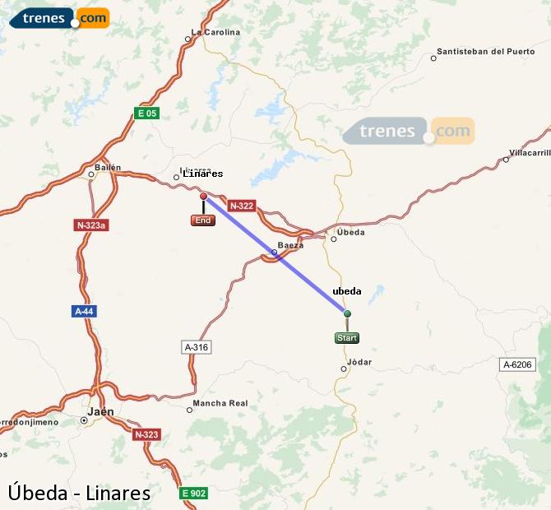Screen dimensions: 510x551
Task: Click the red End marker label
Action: coord(203,220)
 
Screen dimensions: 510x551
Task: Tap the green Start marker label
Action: coord(347,338)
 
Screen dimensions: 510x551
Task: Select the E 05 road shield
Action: coord(146,114)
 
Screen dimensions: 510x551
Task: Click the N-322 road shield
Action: coord(241,206)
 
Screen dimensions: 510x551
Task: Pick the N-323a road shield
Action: coord(90,225)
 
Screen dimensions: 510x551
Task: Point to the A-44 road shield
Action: coord(84,312)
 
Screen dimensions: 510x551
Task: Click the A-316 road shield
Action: coord(197,347)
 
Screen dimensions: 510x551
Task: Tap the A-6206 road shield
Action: coord(518,364)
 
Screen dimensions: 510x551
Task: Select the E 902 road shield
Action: coord(194,493)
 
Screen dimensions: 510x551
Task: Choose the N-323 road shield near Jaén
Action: coord(146,434)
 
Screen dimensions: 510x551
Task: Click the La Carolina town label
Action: coord(215,33)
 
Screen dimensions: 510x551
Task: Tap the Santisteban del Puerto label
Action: coord(486,51)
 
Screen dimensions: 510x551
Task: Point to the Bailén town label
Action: coord(108,168)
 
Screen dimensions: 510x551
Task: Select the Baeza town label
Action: coord(290,245)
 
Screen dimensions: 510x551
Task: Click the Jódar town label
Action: coord(360,362)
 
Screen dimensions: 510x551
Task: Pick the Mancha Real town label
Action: coord(220,403)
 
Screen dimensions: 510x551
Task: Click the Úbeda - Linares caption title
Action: coord(80,492)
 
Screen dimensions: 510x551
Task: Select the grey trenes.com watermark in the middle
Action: coord(409,132)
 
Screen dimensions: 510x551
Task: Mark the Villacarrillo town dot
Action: coord(506,160)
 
